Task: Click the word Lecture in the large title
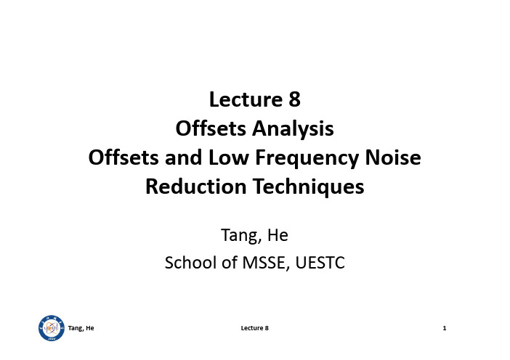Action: click(x=246, y=99)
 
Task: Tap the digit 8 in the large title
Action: click(x=294, y=99)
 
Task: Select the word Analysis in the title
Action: click(x=293, y=129)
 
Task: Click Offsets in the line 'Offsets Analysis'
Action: click(x=211, y=128)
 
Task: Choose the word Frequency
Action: click(x=307, y=158)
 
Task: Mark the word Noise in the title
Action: click(x=393, y=157)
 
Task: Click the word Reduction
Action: click(x=196, y=187)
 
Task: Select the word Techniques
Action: click(x=308, y=187)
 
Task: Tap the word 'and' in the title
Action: click(x=184, y=157)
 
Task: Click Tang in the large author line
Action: click(x=241, y=236)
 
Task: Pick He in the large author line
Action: click(x=278, y=235)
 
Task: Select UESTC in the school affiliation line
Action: click(x=320, y=263)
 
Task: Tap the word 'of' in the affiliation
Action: click(x=229, y=263)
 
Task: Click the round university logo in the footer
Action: click(x=52, y=328)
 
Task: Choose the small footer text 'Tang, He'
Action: click(x=81, y=328)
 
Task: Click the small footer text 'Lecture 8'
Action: click(x=255, y=328)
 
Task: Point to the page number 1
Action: click(x=445, y=328)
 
